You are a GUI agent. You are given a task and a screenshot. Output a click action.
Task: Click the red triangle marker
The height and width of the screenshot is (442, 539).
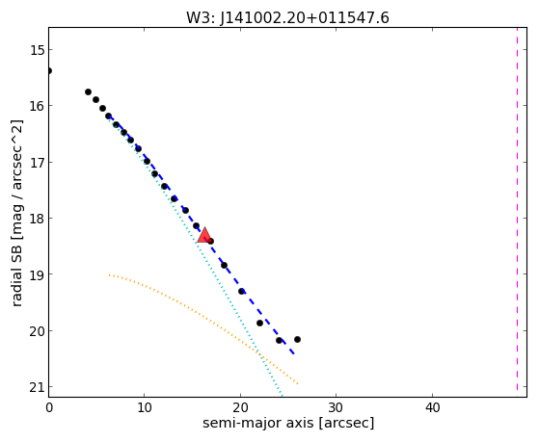click(x=204, y=235)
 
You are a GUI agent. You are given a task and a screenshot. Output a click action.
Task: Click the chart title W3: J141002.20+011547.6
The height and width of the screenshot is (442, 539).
click(x=287, y=18)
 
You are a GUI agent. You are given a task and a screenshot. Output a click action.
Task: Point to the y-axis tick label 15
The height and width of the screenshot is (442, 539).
click(x=38, y=50)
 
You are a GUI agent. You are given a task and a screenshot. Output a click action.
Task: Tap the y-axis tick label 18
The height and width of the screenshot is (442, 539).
click(x=38, y=219)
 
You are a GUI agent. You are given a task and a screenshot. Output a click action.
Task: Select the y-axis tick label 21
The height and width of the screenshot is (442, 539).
click(x=38, y=387)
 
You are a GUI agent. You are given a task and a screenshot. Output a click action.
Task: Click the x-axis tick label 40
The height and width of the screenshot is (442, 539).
click(x=432, y=408)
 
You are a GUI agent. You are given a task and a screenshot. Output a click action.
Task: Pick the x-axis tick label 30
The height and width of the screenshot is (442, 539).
click(x=336, y=408)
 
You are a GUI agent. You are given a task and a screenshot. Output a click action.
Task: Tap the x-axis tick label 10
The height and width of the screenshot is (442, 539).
click(x=145, y=408)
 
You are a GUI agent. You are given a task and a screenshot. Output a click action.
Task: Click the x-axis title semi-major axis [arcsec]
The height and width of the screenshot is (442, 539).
click(x=288, y=423)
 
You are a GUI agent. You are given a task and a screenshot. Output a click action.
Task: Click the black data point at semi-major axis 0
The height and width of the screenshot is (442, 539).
click(x=49, y=70)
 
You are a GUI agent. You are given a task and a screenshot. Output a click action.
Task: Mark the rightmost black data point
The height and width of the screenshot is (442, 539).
click(x=297, y=339)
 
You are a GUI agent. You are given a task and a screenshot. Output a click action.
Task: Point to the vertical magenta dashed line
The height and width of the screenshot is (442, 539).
click(x=517, y=210)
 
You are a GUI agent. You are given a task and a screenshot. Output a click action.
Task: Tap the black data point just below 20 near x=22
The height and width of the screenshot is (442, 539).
click(x=260, y=323)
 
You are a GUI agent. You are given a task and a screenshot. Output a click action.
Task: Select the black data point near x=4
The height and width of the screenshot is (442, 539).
click(x=88, y=91)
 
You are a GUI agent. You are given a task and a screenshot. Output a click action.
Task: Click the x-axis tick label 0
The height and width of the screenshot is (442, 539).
click(x=49, y=408)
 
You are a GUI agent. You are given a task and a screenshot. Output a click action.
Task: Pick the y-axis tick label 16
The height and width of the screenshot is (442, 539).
click(x=38, y=106)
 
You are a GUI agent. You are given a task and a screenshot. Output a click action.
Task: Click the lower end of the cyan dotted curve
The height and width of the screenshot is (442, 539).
click(x=282, y=395)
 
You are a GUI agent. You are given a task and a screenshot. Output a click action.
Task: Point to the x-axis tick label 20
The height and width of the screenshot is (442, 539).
click(x=240, y=408)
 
